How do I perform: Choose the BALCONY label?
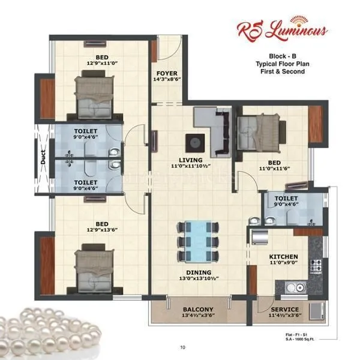[198, 309]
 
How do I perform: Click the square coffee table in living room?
[196, 142]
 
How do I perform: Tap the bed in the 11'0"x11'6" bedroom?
[259, 132]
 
